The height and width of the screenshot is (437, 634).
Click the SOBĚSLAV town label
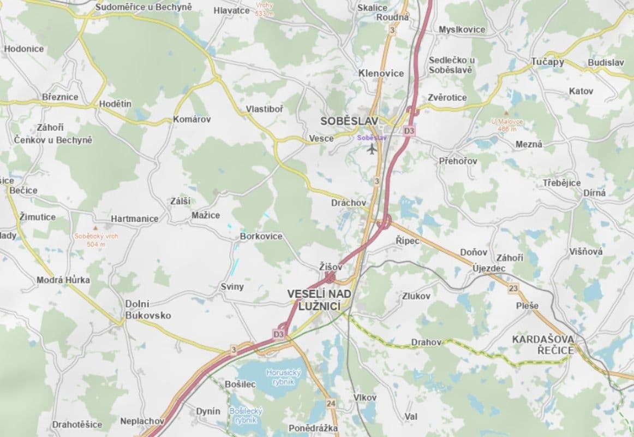tap(349, 121)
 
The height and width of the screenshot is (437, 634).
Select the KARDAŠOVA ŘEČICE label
tap(543, 344)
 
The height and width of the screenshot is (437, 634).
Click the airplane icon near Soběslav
tap(372, 149)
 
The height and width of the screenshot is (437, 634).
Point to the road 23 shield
tap(513, 288)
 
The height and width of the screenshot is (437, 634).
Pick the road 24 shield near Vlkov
tap(331, 404)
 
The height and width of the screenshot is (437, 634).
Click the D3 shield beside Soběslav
tap(409, 131)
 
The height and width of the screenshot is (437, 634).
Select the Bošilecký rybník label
tap(246, 415)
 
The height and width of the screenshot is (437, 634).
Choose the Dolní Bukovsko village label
tap(148, 310)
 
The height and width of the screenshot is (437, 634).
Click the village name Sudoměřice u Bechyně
tap(143, 7)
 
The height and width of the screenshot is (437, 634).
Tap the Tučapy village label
tap(548, 62)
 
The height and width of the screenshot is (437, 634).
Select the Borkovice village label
tap(261, 237)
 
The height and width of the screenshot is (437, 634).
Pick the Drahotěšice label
tap(77, 424)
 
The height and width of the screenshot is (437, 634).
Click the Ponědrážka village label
tap(313, 428)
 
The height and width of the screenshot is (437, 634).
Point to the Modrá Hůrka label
tap(63, 280)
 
